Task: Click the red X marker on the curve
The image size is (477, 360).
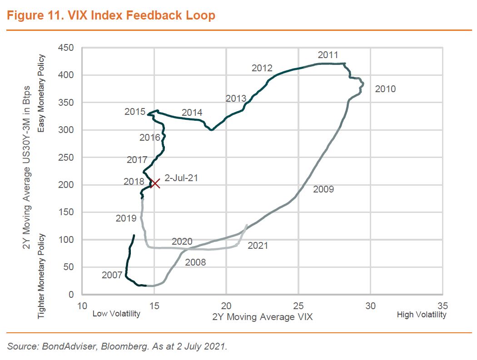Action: [x=155, y=183]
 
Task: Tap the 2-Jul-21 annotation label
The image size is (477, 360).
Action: [x=181, y=178]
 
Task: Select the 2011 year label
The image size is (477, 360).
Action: [x=328, y=55]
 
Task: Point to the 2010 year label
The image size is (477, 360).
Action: [x=385, y=89]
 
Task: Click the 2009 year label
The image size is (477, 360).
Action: [x=323, y=189]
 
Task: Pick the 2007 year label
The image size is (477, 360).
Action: [x=112, y=275]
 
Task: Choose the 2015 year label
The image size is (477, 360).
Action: [x=135, y=112]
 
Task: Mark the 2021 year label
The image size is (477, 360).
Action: [x=258, y=246]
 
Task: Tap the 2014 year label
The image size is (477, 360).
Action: [x=192, y=113]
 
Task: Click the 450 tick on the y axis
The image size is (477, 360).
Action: [x=66, y=48]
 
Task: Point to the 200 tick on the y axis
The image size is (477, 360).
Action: [x=66, y=185]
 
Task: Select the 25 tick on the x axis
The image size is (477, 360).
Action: [x=298, y=305]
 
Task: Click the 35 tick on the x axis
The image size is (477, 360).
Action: [x=442, y=305]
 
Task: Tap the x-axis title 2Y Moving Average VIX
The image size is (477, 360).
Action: [x=262, y=317]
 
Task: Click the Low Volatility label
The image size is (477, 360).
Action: [x=116, y=314]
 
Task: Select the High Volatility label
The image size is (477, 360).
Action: [x=422, y=315]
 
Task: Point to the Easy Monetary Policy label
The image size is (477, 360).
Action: [x=42, y=94]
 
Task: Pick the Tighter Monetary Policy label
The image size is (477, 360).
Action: [x=42, y=276]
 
